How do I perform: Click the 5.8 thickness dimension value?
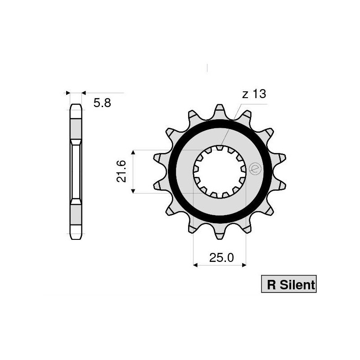[x=102, y=103]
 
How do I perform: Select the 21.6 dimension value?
[x=121, y=171]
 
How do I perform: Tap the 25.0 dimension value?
[x=221, y=258]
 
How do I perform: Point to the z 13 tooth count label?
[x=254, y=94]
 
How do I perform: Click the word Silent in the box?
[x=297, y=284]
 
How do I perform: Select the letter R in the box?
[x=271, y=284]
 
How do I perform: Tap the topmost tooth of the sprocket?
[x=220, y=110]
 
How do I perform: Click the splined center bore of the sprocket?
[x=220, y=171]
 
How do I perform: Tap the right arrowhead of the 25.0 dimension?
[x=244, y=265]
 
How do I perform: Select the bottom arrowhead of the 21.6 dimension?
[x=133, y=191]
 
